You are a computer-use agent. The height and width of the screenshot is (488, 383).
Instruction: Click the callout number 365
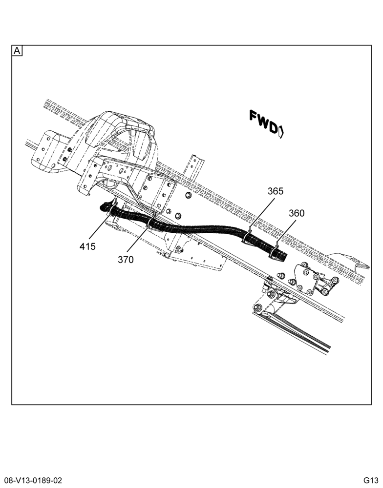[276, 191]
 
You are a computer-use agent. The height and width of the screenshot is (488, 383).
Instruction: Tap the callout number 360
[297, 213]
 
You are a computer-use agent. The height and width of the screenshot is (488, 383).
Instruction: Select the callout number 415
[87, 246]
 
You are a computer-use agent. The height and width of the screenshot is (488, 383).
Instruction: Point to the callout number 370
[126, 260]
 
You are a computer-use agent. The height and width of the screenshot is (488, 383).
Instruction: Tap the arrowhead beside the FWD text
[281, 132]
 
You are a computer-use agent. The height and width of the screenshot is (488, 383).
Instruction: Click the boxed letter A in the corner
[17, 51]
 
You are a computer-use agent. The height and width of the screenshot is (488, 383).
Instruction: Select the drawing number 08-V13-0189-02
[33, 480]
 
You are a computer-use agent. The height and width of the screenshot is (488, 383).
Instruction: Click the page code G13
[370, 480]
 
